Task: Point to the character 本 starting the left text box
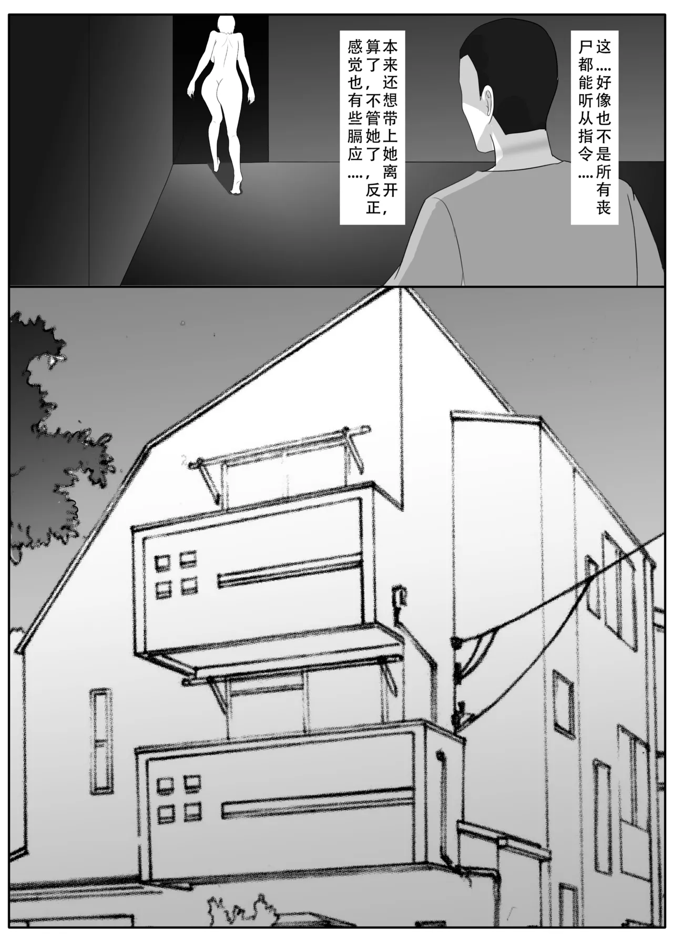pyautogui.click(x=391, y=48)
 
